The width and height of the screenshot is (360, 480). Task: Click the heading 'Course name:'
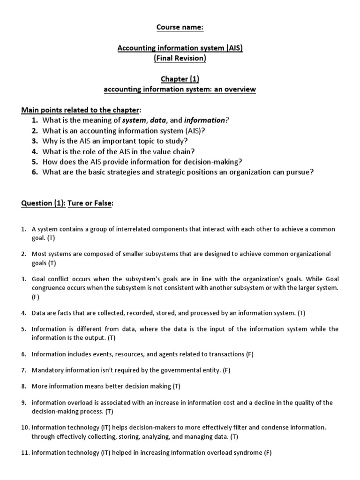click(x=180, y=27)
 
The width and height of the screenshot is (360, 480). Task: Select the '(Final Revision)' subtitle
click(x=180, y=59)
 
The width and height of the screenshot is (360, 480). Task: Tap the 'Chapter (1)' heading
click(x=180, y=80)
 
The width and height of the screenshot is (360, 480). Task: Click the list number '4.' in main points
click(x=35, y=151)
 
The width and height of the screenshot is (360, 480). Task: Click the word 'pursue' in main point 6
click(x=300, y=172)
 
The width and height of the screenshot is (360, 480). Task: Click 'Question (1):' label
click(x=43, y=203)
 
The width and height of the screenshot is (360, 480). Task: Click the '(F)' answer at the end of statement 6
click(x=249, y=354)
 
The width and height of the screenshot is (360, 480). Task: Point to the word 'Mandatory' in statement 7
click(x=46, y=370)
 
